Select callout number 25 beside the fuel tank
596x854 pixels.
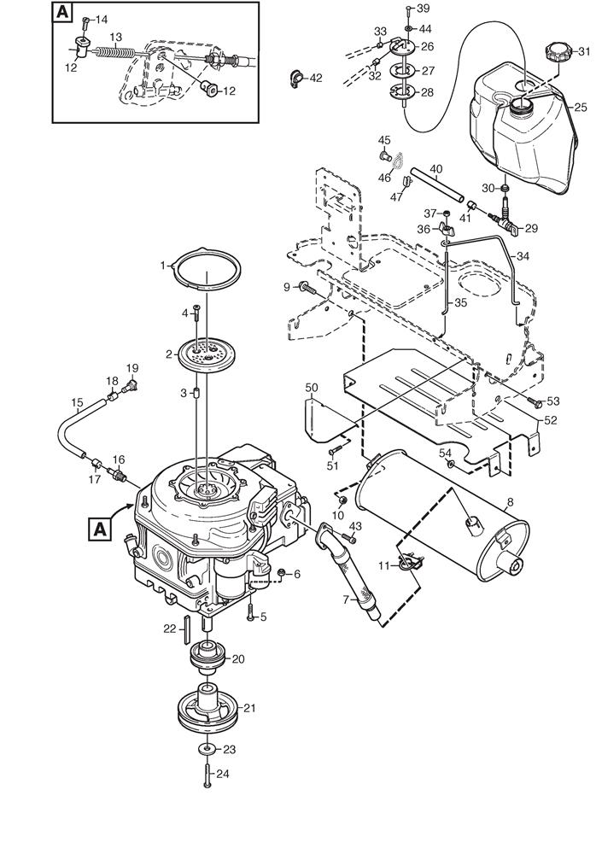click(580, 108)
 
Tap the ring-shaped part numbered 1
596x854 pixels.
click(208, 271)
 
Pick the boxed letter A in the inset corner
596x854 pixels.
click(62, 14)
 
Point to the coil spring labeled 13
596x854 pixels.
click(115, 53)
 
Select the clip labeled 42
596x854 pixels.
click(295, 78)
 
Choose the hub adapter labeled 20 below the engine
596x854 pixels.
click(210, 658)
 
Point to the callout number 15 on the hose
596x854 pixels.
click(77, 402)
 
